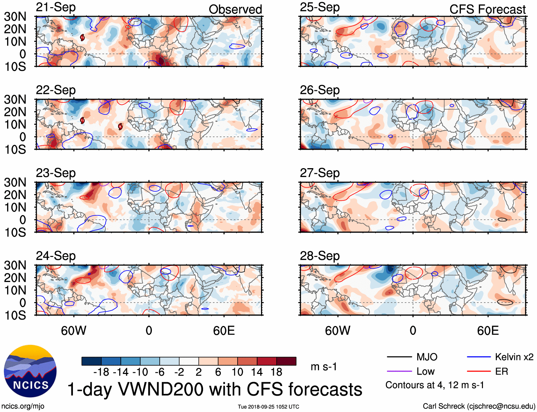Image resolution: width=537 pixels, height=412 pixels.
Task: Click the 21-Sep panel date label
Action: [x=56, y=7]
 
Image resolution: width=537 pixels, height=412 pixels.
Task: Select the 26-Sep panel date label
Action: [x=320, y=90]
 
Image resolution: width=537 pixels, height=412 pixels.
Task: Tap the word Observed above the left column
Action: [x=235, y=10]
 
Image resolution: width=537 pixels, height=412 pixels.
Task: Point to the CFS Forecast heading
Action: [x=487, y=10]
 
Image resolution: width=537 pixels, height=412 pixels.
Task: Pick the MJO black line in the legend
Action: [x=399, y=357]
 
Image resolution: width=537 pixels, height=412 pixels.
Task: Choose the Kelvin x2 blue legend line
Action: [x=479, y=357]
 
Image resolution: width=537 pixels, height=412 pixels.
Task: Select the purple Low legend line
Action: [x=399, y=371]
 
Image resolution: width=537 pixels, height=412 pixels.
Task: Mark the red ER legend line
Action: [x=479, y=371]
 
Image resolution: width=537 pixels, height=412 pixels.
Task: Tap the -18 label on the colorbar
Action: [x=101, y=372]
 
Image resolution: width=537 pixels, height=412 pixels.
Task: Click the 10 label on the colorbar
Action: [x=237, y=372]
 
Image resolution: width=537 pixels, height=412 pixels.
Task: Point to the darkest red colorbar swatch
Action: [x=286, y=361]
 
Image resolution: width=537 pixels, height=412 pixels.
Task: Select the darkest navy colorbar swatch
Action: [x=91, y=361]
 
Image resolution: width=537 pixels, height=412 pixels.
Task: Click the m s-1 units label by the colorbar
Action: [x=324, y=367]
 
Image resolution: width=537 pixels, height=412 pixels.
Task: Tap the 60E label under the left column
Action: [x=224, y=331]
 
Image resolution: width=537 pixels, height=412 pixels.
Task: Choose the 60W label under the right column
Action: [x=337, y=331]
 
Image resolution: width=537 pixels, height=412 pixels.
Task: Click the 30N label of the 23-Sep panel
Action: [x=15, y=182]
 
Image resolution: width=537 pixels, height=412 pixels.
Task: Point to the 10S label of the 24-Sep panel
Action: [x=15, y=315]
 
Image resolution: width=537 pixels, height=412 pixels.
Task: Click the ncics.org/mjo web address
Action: [x=23, y=406]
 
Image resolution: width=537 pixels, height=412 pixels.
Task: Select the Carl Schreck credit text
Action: [x=479, y=406]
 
